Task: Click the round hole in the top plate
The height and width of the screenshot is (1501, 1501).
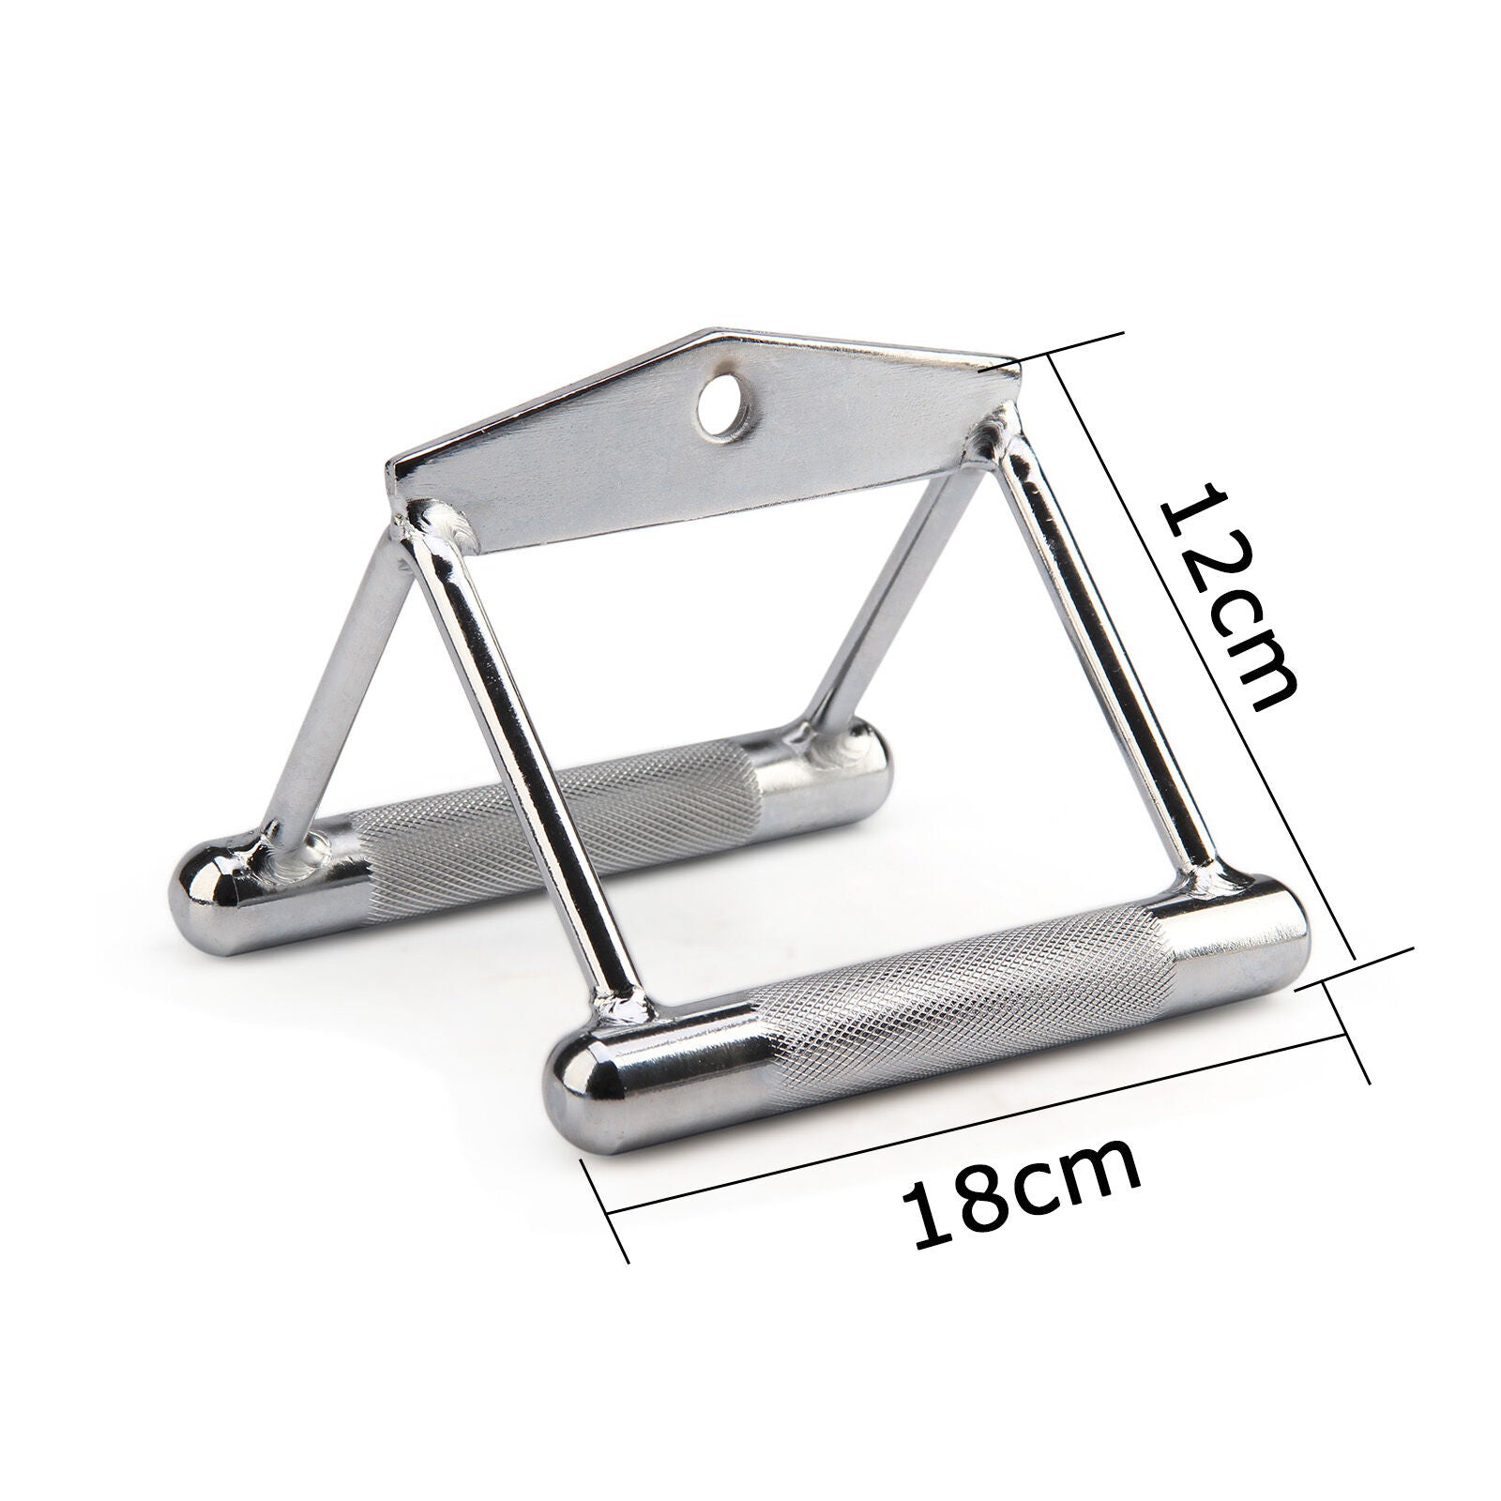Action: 721,409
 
